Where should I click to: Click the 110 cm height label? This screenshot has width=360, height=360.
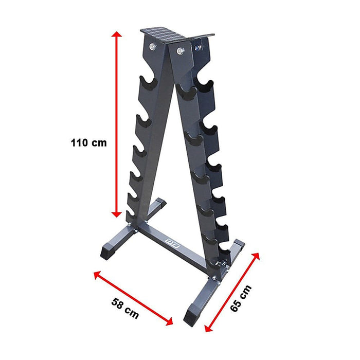(x=89, y=142)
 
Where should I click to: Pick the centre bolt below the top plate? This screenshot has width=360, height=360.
(x=179, y=50)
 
